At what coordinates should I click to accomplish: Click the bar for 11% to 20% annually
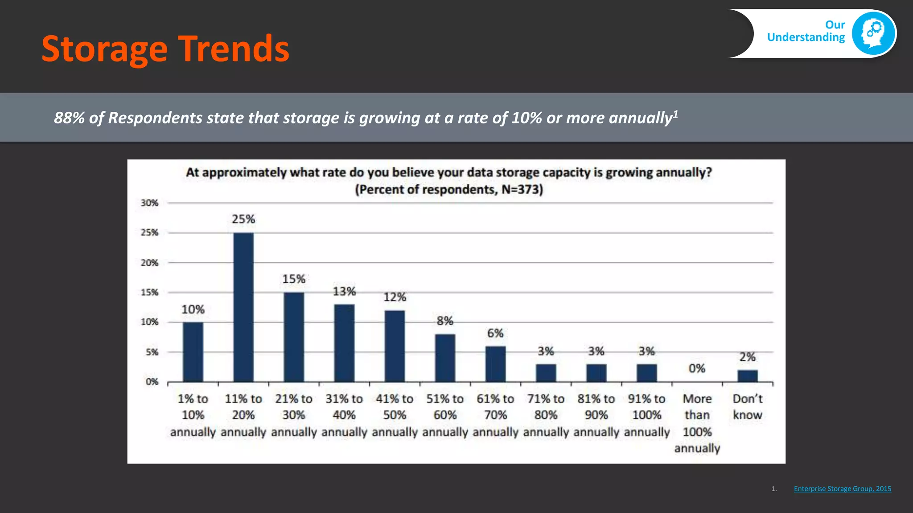243,307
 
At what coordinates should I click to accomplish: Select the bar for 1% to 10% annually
193,352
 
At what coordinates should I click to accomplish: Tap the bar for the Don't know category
748,376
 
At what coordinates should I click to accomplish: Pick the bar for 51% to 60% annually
445,358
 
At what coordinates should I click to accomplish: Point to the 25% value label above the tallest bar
243,219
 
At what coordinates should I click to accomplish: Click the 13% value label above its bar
344,292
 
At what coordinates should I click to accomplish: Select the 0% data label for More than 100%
697,368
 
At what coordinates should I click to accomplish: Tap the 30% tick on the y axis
150,203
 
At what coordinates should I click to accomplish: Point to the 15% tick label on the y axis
150,293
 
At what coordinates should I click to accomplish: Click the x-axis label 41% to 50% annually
395,415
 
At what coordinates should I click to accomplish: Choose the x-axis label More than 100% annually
697,423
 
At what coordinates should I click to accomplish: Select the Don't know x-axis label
748,407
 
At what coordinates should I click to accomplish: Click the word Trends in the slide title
234,49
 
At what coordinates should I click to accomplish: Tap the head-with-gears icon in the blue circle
873,33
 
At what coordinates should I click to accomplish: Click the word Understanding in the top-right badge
806,37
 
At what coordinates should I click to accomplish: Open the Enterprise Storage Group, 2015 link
843,489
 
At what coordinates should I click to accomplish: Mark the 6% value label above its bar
495,333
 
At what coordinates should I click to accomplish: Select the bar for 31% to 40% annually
344,343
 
